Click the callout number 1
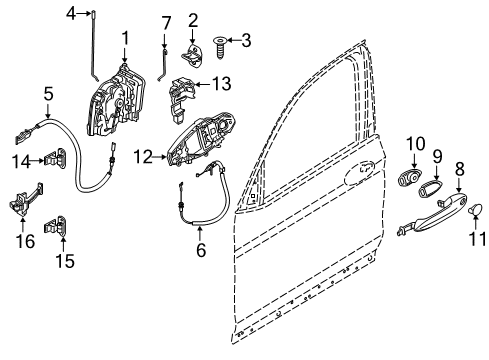click(x=125, y=38)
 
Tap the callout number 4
click(x=70, y=11)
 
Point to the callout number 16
click(x=22, y=240)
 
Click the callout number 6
click(x=201, y=250)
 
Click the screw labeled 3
click(x=220, y=42)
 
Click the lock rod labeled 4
click(x=88, y=50)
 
